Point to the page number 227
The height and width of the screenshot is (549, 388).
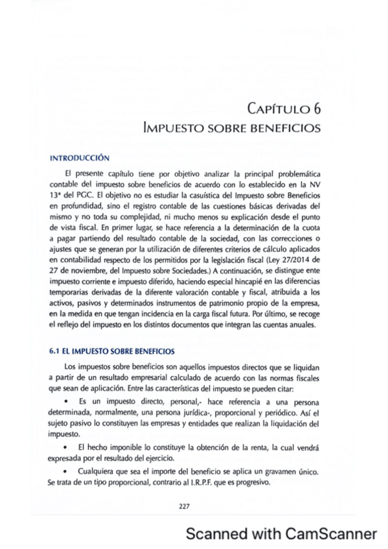(x=183, y=506)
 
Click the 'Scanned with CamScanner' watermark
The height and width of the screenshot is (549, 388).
(x=280, y=533)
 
